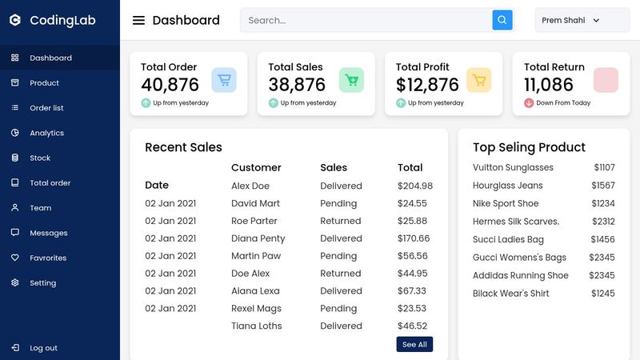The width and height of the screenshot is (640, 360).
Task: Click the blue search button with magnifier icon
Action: point(502,20)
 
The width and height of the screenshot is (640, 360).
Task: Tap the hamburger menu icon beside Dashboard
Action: point(138,21)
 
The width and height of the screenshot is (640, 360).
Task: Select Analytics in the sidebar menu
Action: point(46,133)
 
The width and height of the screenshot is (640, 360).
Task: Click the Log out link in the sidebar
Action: point(43,348)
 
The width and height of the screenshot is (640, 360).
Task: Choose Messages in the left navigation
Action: point(48,233)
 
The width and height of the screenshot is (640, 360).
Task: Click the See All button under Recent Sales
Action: point(414,344)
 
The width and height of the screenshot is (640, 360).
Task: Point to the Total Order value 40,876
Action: point(170,85)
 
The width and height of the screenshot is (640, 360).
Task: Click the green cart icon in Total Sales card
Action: point(351,80)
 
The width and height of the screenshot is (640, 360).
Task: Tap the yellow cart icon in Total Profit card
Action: point(478,80)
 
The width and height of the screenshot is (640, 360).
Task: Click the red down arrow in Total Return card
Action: point(529,103)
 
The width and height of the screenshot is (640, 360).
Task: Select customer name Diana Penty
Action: point(258,238)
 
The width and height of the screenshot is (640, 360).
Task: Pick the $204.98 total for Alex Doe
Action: point(414,186)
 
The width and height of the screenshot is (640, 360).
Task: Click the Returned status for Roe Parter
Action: point(340,221)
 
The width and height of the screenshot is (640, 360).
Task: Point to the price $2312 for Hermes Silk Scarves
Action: point(603,222)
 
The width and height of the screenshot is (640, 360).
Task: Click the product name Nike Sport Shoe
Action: point(506,204)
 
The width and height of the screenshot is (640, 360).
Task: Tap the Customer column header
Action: point(256,168)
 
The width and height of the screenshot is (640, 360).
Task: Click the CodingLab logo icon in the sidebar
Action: point(14,20)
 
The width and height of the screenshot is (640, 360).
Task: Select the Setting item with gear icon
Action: point(42,283)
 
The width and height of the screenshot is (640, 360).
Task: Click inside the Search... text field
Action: point(364,20)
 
